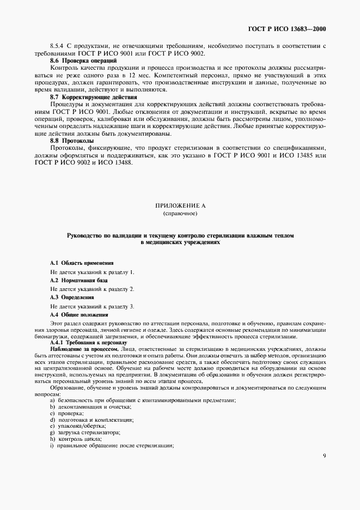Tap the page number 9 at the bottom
point(324,456)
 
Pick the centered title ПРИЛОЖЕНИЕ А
point(180,206)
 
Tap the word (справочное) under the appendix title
point(180,214)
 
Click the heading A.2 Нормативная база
point(79,280)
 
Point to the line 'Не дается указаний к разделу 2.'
point(92,288)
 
